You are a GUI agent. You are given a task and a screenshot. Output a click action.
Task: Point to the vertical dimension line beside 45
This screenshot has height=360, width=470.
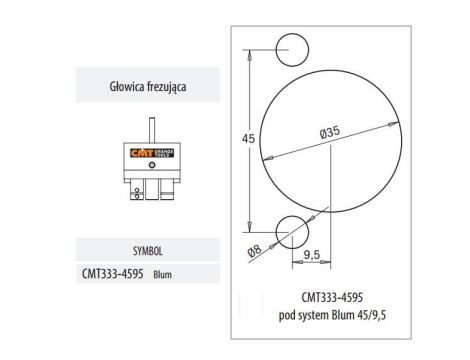click(x=253, y=139)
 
